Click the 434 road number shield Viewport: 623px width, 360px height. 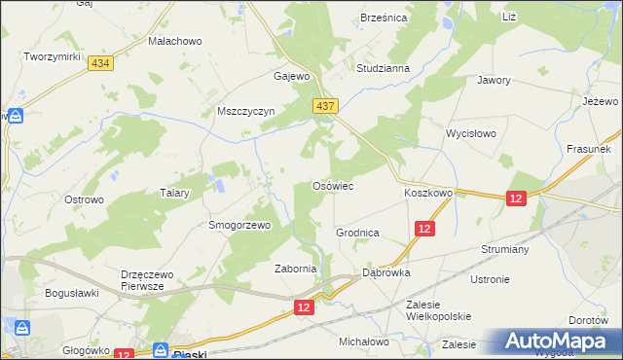[x=98, y=62]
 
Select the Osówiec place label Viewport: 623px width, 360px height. [x=331, y=185]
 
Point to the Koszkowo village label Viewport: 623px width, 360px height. [x=428, y=194]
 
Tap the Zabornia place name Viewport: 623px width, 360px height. [x=296, y=269]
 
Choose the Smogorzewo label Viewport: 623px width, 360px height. [x=238, y=224]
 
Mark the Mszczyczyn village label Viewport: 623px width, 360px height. [x=246, y=111]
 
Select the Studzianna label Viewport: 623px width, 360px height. [x=383, y=69]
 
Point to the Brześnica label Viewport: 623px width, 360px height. [x=384, y=18]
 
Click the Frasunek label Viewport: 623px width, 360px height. [x=588, y=150]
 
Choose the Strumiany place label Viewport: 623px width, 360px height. [x=504, y=249]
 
